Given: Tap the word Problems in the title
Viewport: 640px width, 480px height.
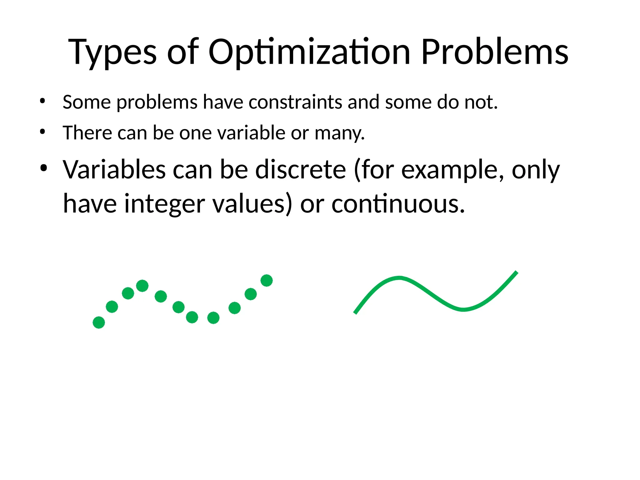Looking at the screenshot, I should [494, 52].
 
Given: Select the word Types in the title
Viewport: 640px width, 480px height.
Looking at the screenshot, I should [112, 52].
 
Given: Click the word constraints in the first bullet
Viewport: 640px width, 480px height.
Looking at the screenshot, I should [295, 102].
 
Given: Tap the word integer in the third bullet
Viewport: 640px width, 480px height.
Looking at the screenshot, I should [165, 204].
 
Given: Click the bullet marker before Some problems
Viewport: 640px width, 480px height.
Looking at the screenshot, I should [42, 101].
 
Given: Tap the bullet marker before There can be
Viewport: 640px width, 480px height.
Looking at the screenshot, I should [42, 132].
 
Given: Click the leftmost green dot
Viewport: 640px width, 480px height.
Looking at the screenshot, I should [99, 322].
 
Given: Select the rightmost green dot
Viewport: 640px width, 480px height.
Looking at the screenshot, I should [267, 280].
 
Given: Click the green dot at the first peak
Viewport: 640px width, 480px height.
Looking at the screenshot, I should [142, 286].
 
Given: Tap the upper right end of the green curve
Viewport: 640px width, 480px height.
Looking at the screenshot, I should [516, 272].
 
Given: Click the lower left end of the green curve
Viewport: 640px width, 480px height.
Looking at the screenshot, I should [355, 312].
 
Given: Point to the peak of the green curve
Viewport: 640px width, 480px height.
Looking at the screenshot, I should [399, 278].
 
